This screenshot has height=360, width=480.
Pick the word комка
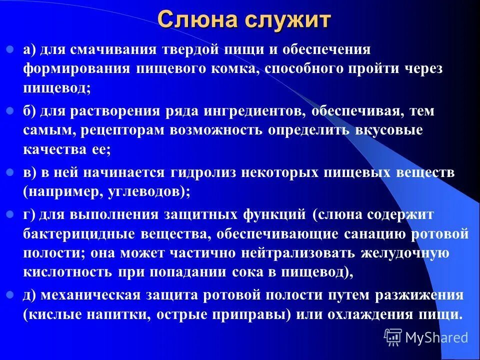[x=232, y=69]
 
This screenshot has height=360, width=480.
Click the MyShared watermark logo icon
[x=393, y=337]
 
